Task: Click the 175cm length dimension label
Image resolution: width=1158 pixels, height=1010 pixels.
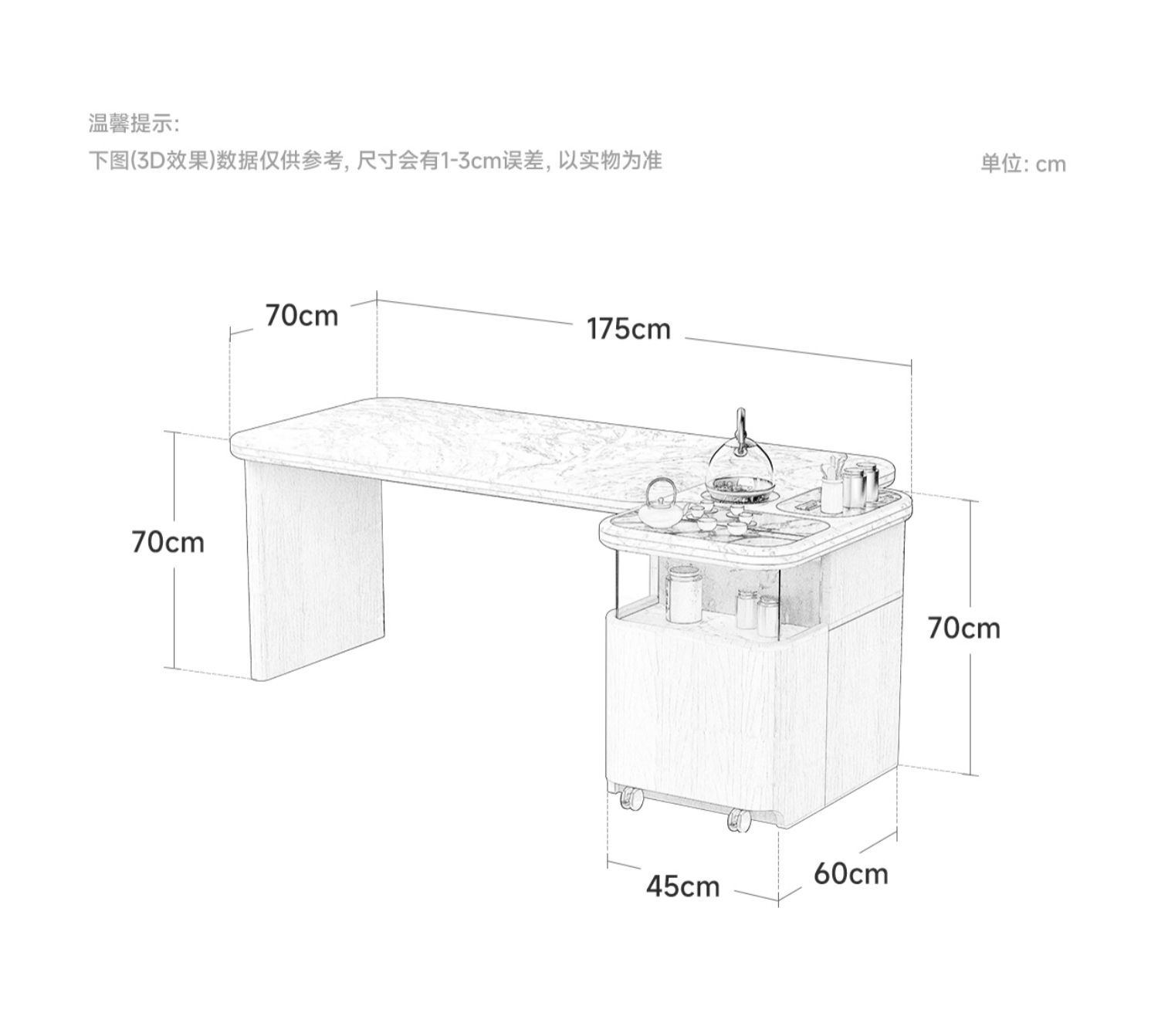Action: tap(628, 329)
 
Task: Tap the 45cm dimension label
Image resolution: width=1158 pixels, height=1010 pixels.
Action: tap(682, 886)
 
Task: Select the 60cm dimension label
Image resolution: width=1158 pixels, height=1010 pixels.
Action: tap(851, 874)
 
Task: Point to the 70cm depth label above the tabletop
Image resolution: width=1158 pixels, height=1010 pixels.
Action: tap(302, 315)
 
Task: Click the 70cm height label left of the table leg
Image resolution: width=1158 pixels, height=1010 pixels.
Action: tap(168, 542)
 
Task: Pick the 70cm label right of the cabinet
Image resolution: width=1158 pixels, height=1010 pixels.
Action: tap(963, 628)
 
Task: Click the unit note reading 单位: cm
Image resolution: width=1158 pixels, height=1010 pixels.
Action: tap(1023, 164)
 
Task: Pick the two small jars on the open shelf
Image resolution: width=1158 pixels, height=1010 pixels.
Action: tap(757, 610)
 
